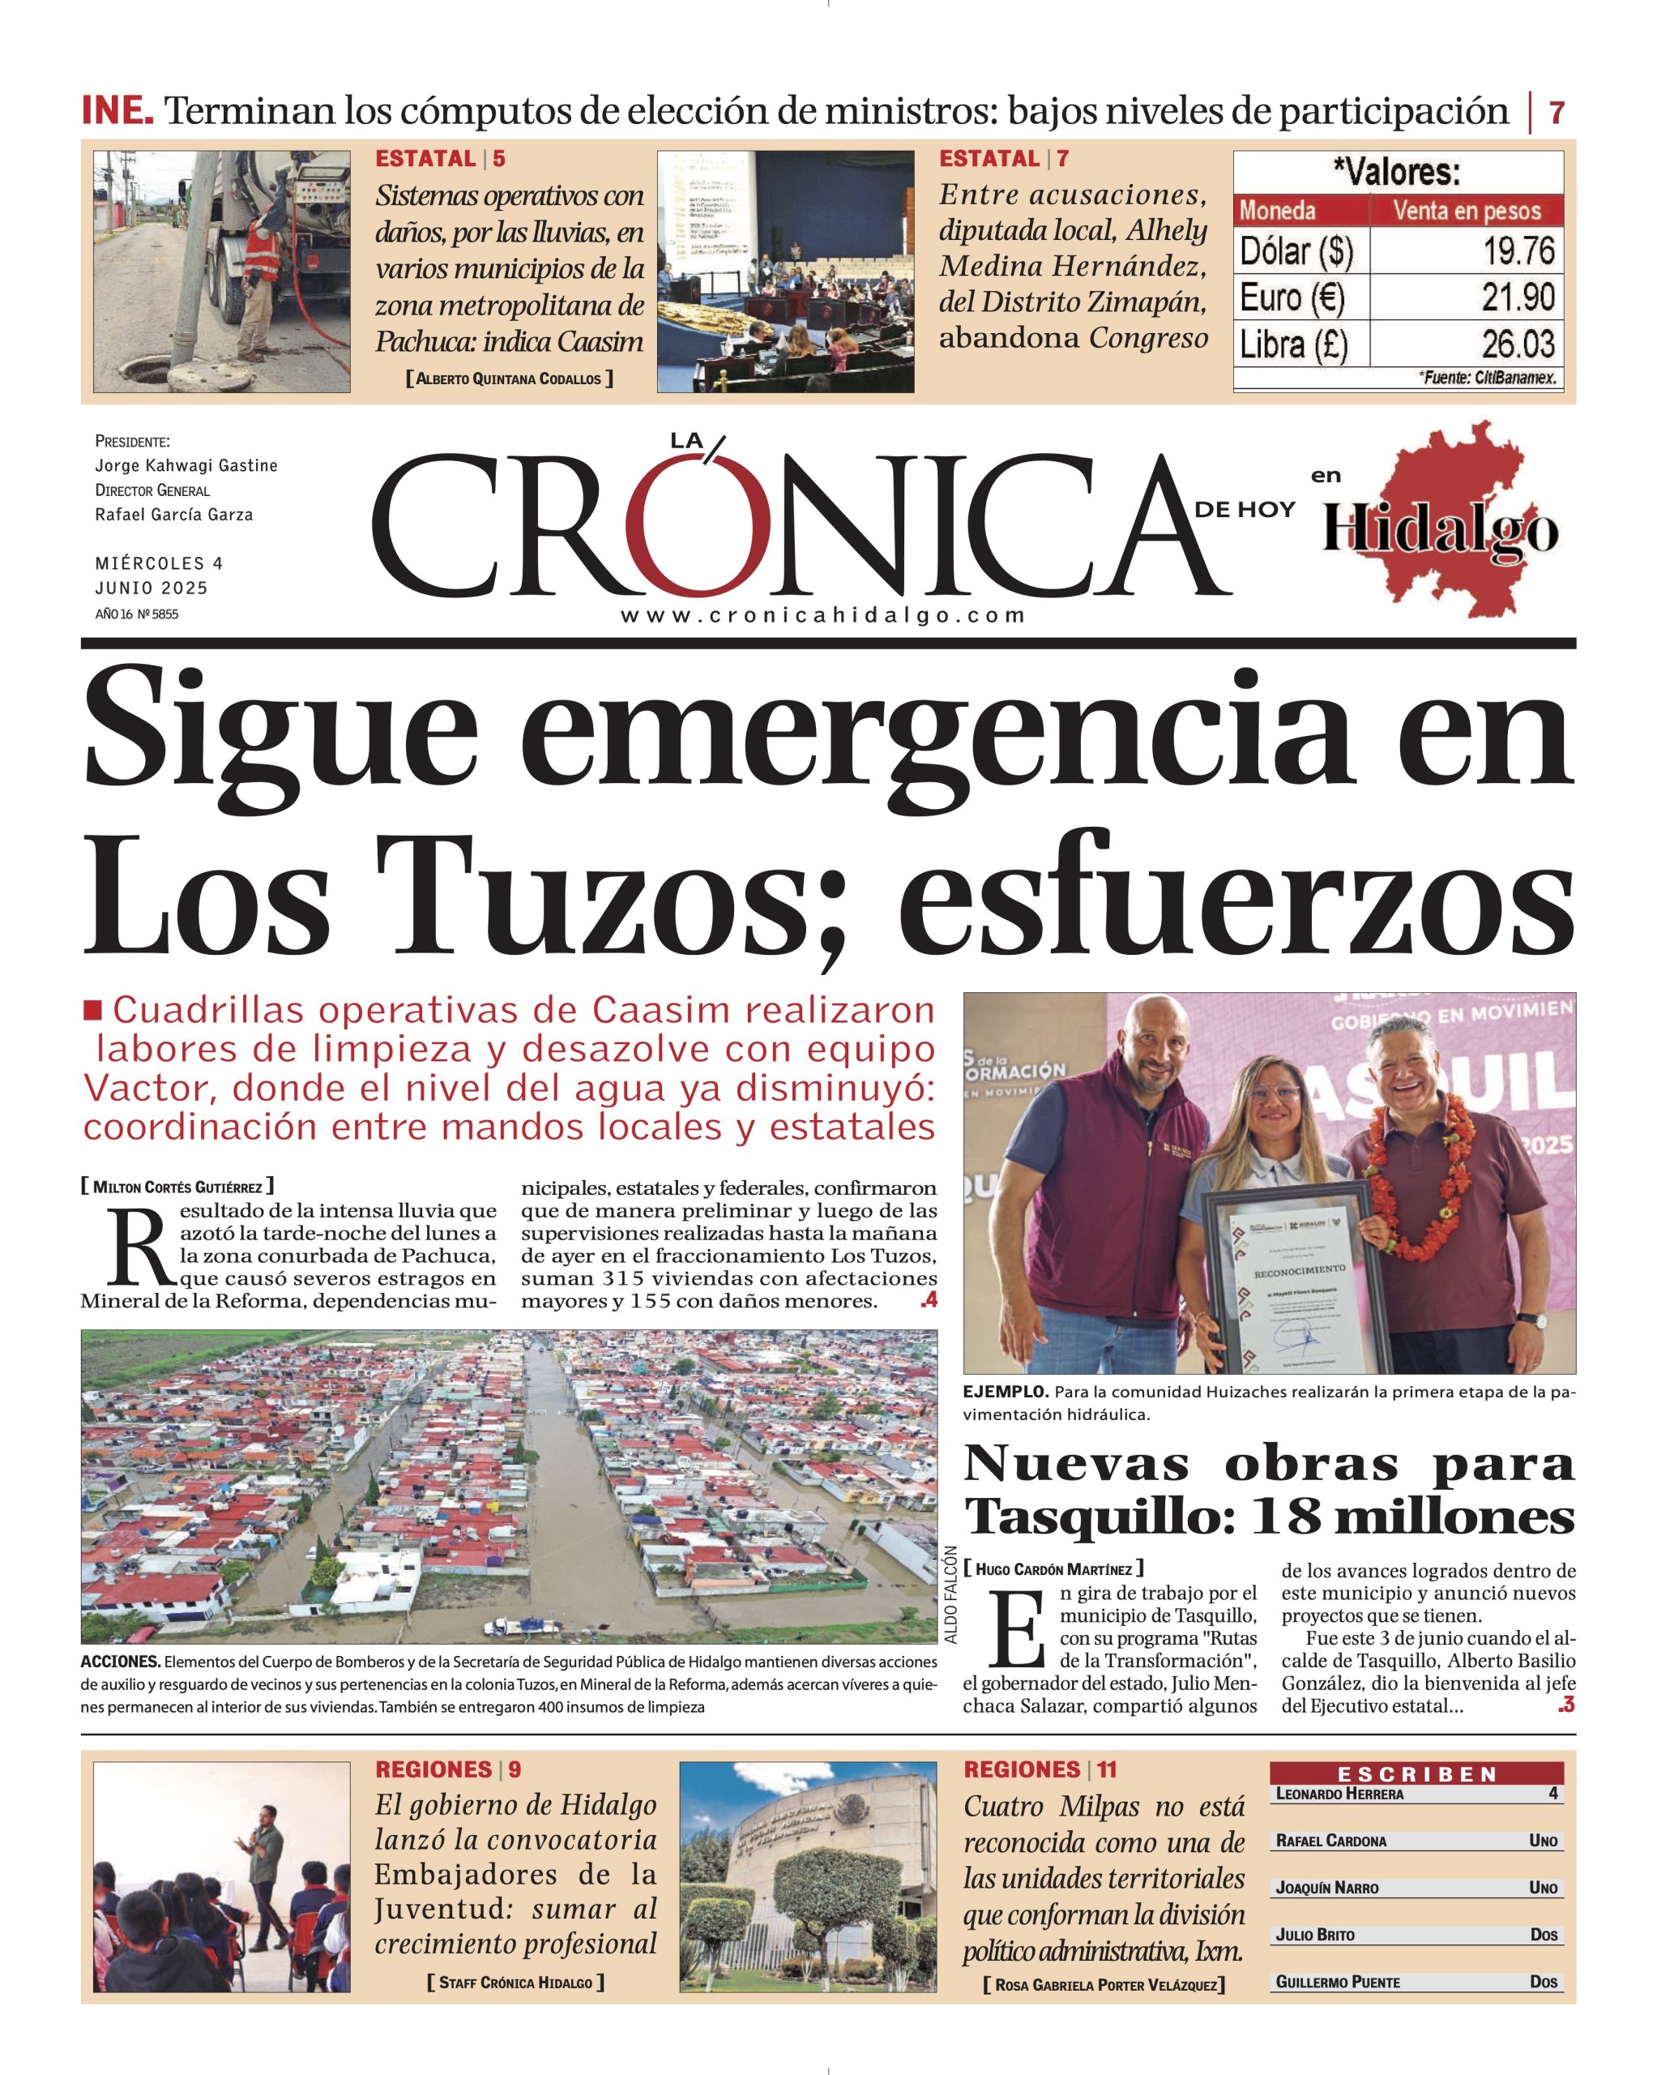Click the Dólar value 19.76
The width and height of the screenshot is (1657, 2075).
[x=1518, y=251]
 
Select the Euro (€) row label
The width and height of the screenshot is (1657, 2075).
[x=1292, y=297]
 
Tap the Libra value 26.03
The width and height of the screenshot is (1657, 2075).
[x=1518, y=344]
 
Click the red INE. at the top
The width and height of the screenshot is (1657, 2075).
[x=117, y=111]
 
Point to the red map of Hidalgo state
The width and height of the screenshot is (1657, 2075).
[x=1443, y=517]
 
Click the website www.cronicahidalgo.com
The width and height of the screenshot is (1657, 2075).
[x=822, y=616]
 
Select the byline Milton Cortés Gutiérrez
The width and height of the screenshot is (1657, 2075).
[x=177, y=1187]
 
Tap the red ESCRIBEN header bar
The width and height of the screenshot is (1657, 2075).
[x=1416, y=1773]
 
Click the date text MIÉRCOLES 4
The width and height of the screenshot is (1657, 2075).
[x=159, y=563]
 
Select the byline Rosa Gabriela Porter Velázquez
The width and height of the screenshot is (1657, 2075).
[x=1104, y=2012]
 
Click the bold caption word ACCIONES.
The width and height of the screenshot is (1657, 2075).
[x=120, y=1662]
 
